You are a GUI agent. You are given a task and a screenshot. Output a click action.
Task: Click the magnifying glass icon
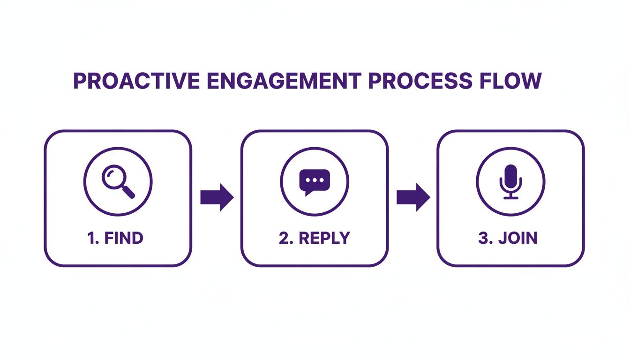(118, 181)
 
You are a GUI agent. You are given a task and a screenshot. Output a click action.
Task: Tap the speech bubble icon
(315, 181)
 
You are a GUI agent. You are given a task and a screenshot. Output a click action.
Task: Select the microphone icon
(510, 181)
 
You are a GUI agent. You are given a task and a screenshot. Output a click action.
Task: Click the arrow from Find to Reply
(217, 197)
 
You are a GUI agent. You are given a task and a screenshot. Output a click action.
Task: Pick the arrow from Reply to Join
(413, 197)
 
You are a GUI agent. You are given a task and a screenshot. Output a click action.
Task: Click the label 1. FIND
(115, 238)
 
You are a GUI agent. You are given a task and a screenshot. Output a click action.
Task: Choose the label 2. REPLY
(314, 238)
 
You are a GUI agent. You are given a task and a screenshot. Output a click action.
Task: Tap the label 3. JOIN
(508, 238)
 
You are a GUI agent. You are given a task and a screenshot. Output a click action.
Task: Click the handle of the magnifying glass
(128, 192)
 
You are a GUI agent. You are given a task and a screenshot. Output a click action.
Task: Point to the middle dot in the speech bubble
(315, 180)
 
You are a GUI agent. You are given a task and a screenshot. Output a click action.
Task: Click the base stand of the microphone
(510, 197)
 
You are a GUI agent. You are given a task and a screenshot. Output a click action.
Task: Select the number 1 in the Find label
(91, 238)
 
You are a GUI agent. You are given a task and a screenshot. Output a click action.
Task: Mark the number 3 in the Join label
(483, 238)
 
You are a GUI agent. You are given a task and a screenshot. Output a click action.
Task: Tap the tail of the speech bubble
(307, 192)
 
